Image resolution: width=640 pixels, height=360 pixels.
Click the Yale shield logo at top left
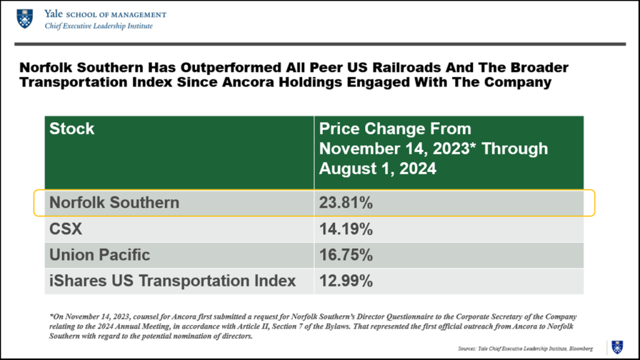point(24,19)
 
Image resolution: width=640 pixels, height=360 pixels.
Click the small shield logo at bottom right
point(617,347)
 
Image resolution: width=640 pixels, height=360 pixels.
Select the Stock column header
point(72,129)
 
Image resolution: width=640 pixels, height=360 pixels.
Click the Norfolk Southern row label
point(114,202)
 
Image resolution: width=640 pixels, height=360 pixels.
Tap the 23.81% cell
point(346,202)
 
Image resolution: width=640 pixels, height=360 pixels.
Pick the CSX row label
point(66,229)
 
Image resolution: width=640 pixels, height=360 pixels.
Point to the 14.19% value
point(346,229)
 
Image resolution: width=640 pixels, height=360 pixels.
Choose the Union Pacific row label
point(100,255)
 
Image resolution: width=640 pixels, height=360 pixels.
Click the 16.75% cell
point(346,255)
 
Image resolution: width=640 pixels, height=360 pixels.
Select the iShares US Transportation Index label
point(172,281)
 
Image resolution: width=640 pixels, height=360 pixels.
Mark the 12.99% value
point(346,281)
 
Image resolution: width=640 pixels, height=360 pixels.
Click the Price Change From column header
point(395,129)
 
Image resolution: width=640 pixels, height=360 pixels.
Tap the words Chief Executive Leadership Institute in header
point(98,26)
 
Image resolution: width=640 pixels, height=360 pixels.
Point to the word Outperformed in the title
point(206,67)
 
